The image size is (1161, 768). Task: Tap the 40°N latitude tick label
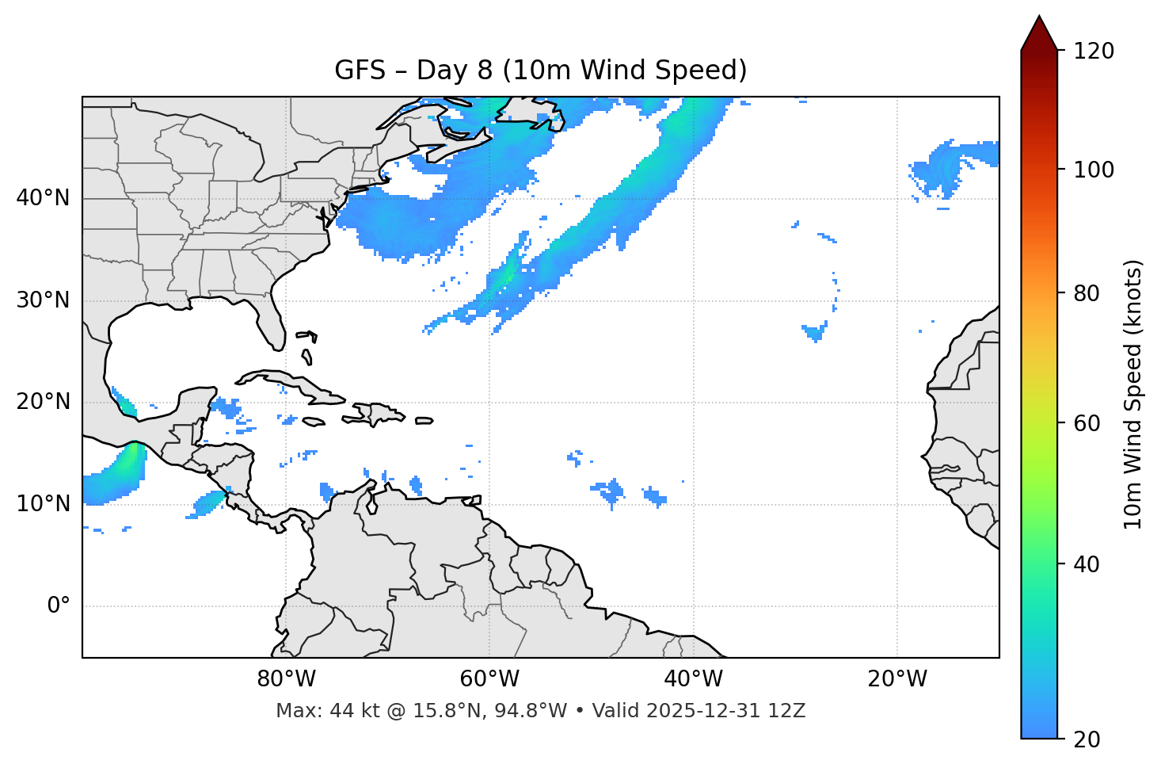click(43, 198)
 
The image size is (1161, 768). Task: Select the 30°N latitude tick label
click(43, 300)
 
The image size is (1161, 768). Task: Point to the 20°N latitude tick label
click(43, 402)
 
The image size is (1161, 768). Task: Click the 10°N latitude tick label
click(43, 504)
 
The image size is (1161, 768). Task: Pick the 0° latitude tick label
click(59, 606)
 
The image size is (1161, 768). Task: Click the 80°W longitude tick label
click(286, 679)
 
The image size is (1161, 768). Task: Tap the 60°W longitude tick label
click(489, 679)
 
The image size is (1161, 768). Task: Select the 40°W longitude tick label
click(693, 679)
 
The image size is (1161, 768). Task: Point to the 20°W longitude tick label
click(896, 679)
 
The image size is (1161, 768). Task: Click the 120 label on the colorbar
click(1093, 52)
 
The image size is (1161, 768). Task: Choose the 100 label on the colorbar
click(1093, 170)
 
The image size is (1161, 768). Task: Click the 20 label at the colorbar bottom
click(1087, 739)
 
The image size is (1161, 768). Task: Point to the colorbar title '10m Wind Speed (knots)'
click(1133, 395)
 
